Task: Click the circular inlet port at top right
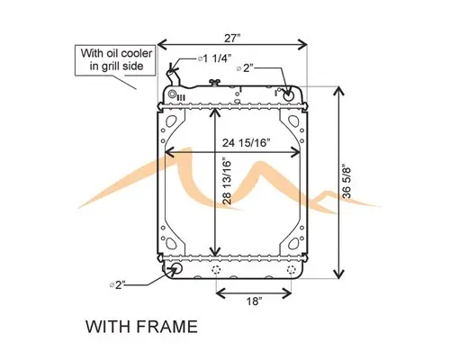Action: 290,92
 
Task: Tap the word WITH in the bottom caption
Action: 106,326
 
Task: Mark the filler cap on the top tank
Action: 214,85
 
